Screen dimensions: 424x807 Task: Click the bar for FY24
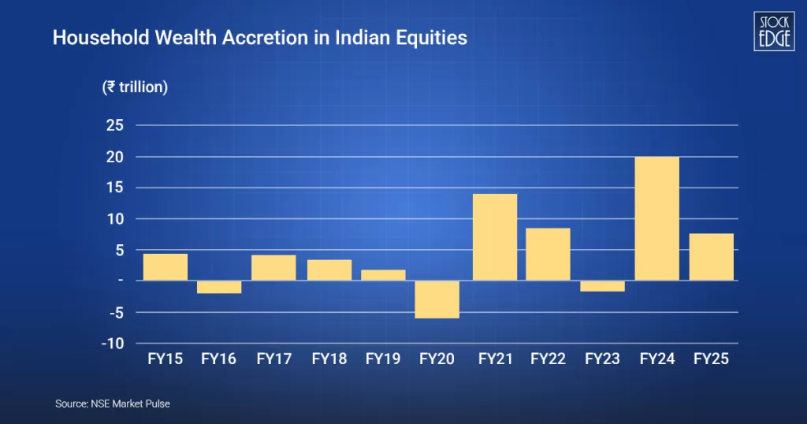click(656, 218)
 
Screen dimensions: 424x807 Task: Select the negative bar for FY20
click(437, 299)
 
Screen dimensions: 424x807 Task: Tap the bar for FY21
click(494, 236)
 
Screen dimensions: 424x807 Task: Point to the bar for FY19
click(383, 275)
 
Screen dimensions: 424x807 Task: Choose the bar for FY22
click(548, 254)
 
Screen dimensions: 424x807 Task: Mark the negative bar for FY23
click(602, 286)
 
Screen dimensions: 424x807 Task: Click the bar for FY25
click(711, 257)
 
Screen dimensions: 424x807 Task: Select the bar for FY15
click(165, 266)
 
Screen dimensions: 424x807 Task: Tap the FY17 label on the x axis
click(274, 359)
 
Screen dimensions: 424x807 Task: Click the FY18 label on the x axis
click(329, 359)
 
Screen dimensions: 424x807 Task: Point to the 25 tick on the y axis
click(116, 125)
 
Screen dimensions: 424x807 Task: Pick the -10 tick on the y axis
click(113, 343)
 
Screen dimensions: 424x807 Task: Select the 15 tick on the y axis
click(116, 188)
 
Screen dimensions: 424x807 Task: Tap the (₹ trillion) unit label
click(135, 87)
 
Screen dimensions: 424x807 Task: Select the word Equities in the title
click(436, 37)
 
